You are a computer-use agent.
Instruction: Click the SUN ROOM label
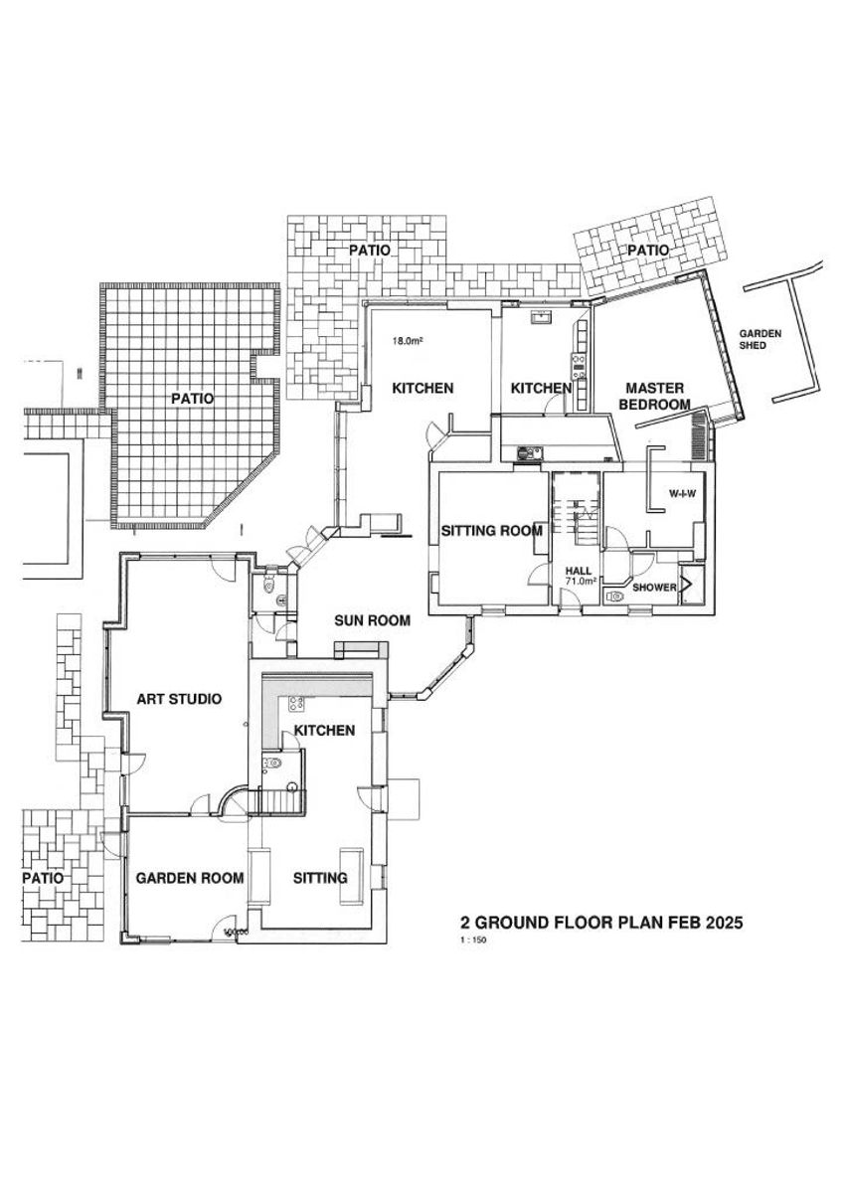pos(373,621)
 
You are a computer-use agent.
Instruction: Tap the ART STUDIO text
pos(178,699)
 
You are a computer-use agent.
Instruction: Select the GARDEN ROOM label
pos(190,878)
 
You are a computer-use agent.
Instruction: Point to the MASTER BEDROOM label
pos(656,396)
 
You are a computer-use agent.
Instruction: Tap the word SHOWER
pos(654,588)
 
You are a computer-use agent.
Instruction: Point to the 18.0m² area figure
pos(407,341)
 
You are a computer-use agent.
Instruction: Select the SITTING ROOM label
pos(491,531)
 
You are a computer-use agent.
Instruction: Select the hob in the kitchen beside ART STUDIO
pos(295,704)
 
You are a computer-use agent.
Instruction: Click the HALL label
pos(578,570)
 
